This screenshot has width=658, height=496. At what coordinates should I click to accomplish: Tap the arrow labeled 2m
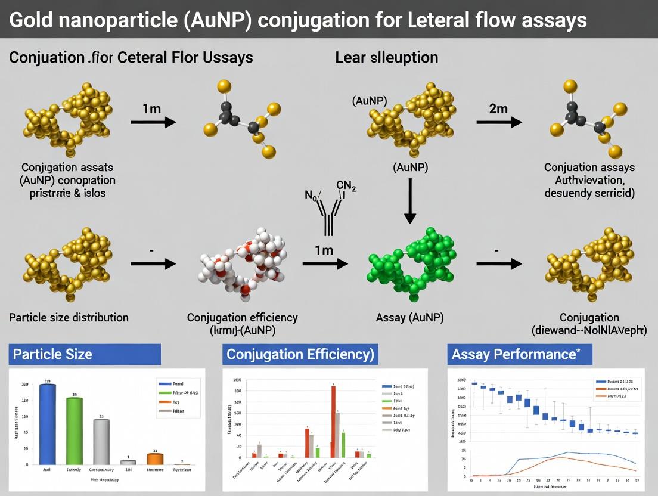click(499, 122)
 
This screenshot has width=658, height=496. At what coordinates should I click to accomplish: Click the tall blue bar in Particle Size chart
click(47, 424)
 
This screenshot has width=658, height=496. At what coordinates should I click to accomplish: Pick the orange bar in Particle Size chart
click(155, 458)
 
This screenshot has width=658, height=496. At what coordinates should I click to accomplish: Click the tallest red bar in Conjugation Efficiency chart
click(333, 421)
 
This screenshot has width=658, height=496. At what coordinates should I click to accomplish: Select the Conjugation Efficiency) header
click(300, 354)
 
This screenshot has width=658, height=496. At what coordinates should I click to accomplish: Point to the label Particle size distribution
click(69, 317)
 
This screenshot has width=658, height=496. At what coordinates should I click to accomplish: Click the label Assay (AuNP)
click(410, 317)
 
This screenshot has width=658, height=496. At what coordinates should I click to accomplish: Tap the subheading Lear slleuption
click(386, 58)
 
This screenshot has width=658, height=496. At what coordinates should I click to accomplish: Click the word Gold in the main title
click(34, 20)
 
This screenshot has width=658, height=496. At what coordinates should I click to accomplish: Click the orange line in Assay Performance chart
click(560, 458)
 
